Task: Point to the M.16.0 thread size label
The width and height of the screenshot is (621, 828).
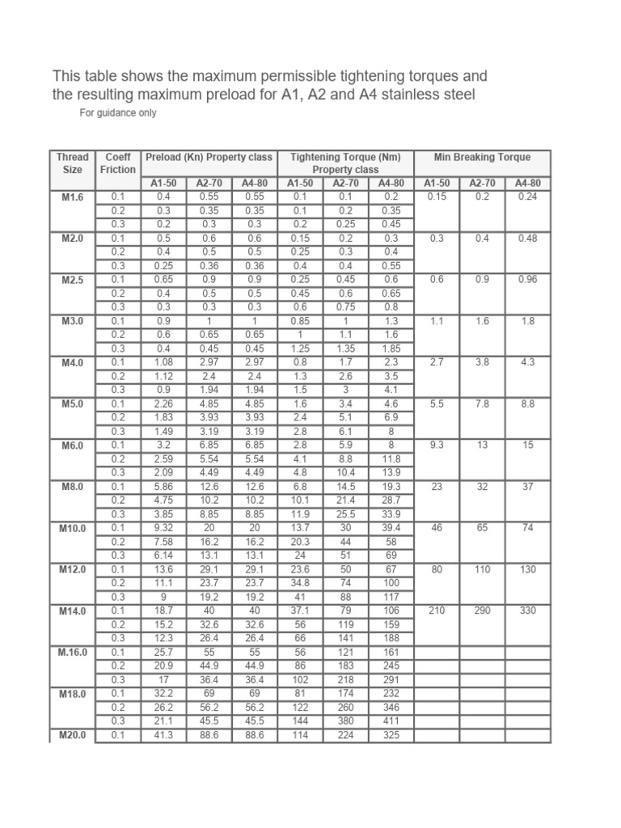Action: coord(73,652)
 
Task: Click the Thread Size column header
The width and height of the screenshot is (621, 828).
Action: coord(73,163)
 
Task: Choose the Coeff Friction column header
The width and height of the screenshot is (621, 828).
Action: coord(118,163)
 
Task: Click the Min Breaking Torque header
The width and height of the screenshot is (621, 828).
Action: coord(482,157)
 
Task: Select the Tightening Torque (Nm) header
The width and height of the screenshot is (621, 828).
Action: coord(345,157)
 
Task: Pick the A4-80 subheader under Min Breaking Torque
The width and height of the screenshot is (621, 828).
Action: coord(527,184)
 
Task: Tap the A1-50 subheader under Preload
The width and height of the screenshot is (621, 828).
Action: coord(163,184)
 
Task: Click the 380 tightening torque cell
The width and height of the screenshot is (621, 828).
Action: coord(345,720)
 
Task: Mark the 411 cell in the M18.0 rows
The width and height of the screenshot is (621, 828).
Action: coord(391,720)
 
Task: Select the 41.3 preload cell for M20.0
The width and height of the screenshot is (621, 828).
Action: coord(163,735)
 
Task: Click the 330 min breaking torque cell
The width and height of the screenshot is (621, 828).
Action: coord(527,610)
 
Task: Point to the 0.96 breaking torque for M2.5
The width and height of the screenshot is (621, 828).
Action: coord(527,279)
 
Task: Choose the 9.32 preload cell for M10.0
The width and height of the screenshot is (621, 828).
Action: coord(163,527)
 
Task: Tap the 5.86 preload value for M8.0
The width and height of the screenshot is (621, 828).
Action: coord(163,486)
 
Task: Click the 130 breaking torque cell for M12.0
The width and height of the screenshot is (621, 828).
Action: coord(527,569)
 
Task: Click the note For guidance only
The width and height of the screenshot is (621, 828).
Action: coord(118,113)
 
